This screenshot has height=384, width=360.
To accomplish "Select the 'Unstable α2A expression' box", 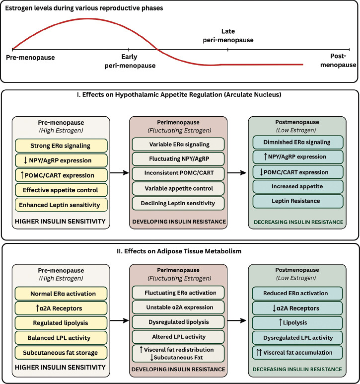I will pos(179,307).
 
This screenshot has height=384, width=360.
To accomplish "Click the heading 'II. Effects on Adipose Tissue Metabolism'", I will pos(180,251).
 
